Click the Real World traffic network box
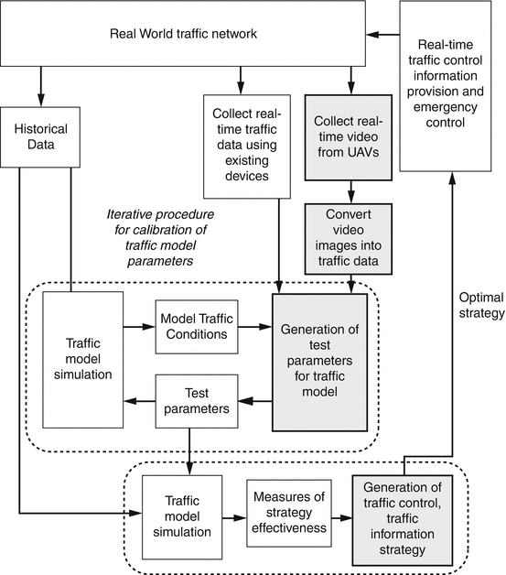point(183,33)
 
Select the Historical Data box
point(40,137)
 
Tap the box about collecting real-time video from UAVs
point(349,137)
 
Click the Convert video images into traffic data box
point(349,239)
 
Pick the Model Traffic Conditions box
point(197,327)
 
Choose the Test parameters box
point(197,401)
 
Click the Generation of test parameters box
point(320,363)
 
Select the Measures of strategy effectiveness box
point(289,513)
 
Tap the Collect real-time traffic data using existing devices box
point(247,146)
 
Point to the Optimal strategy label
point(481,305)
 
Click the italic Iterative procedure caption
point(160,238)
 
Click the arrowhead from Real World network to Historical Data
point(40,100)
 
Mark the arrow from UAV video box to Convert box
point(351,191)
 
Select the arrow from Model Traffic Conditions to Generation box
point(255,326)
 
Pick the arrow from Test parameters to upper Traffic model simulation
point(139,401)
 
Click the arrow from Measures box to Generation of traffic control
point(342,518)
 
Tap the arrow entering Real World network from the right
point(382,35)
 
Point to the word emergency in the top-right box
point(446,107)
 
